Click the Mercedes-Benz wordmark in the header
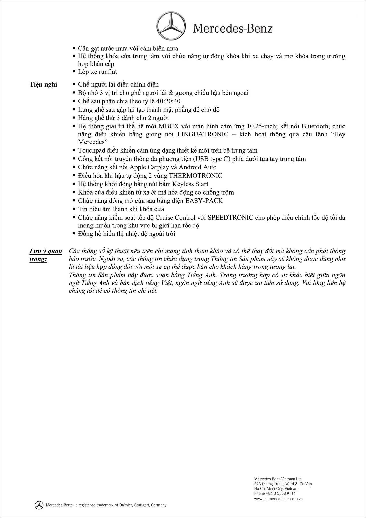[x=233, y=29]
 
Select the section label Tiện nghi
[x=43, y=84]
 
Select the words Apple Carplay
[x=146, y=167]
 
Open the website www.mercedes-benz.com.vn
[x=278, y=499]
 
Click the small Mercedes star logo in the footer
[x=39, y=505]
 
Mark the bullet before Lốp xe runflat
[x=74, y=72]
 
